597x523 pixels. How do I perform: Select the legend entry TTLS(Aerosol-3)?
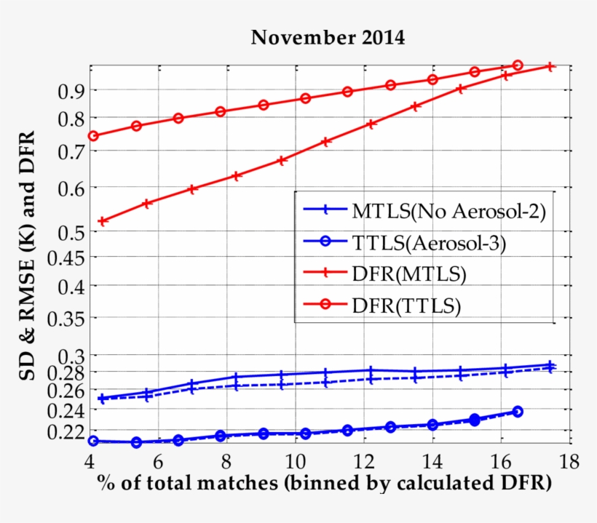(x=428, y=243)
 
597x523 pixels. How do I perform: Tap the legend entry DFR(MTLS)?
(x=408, y=274)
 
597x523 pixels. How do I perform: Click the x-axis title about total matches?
(x=323, y=483)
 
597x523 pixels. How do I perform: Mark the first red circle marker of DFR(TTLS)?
(x=93, y=136)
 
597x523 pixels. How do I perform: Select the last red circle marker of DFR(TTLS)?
(x=518, y=65)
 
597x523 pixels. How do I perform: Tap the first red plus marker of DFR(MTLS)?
(x=103, y=221)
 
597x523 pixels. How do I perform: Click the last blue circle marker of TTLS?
(x=518, y=412)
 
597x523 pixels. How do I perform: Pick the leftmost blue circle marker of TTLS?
(x=93, y=441)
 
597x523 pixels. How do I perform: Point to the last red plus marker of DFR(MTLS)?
(x=550, y=67)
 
